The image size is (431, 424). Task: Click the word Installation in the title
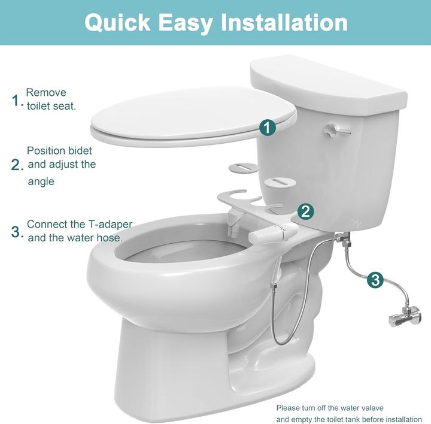click(x=284, y=23)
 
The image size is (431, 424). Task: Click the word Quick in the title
click(x=117, y=23)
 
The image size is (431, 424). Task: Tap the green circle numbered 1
click(x=268, y=128)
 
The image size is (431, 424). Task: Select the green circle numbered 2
click(x=305, y=212)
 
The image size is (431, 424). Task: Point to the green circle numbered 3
click(x=375, y=280)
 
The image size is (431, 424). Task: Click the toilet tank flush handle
click(x=336, y=131)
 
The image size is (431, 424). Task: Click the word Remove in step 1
click(x=46, y=92)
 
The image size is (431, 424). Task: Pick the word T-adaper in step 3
click(x=110, y=225)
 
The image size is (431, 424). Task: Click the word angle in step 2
click(x=41, y=182)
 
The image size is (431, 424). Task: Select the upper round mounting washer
click(x=244, y=168)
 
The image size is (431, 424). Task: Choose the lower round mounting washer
click(x=279, y=183)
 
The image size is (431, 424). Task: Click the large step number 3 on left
click(x=16, y=232)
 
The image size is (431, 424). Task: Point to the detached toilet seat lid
click(x=193, y=117)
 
